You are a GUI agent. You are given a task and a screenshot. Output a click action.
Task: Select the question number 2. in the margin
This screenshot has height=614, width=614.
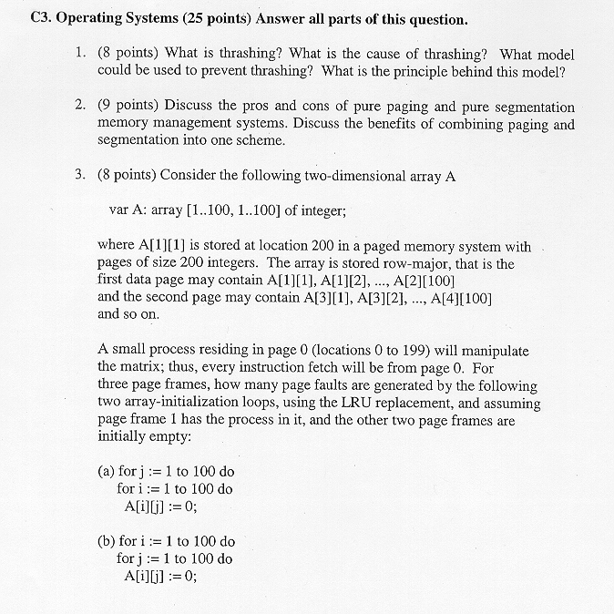[81, 107]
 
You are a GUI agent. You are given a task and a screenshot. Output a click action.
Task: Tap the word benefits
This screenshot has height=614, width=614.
[351, 125]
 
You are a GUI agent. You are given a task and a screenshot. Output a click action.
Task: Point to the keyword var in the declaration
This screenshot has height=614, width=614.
[119, 210]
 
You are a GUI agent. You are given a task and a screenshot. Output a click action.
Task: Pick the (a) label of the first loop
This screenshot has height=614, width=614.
[106, 472]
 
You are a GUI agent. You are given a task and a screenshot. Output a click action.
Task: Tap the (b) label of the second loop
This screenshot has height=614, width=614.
[106, 541]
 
